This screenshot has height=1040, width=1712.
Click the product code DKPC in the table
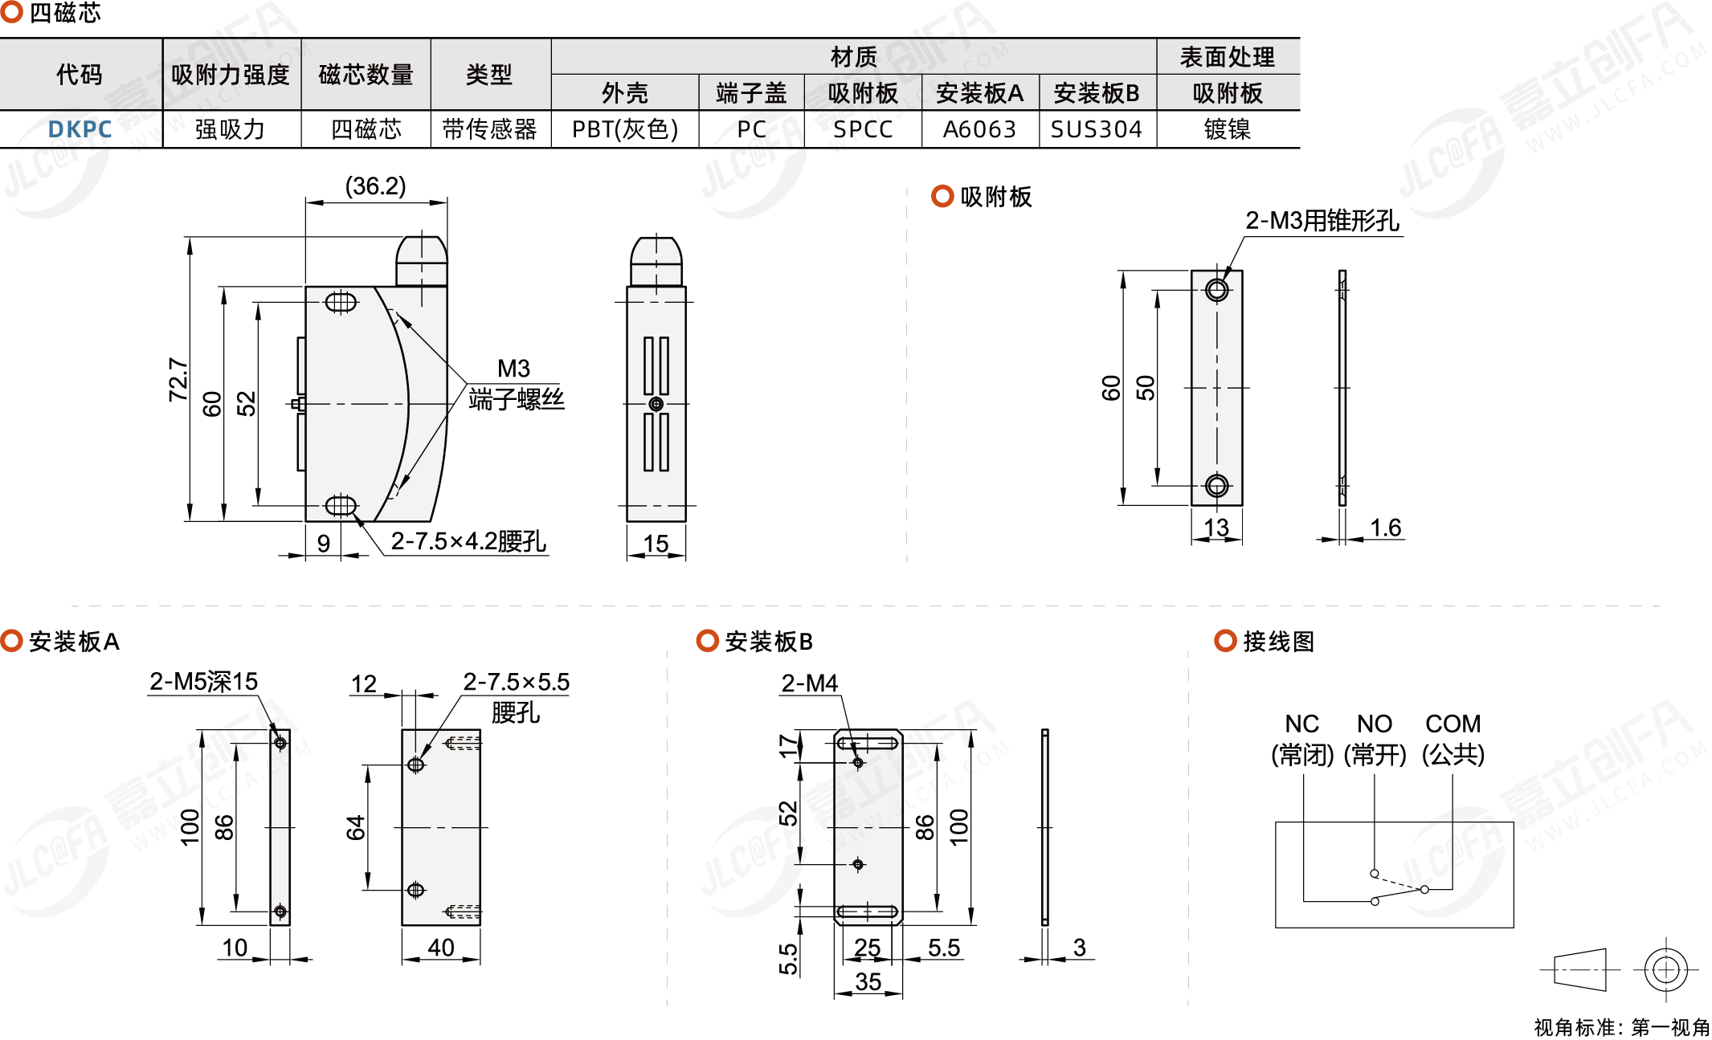click(80, 129)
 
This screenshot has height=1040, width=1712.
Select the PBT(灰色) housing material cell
click(624, 129)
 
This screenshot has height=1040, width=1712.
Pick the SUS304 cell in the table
click(1096, 129)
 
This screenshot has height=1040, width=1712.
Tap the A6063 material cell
click(979, 129)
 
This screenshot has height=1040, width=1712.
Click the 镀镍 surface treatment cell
click(1227, 129)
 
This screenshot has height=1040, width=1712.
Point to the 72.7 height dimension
click(178, 379)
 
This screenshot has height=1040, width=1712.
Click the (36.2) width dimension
click(375, 186)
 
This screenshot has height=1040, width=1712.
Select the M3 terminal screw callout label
click(514, 369)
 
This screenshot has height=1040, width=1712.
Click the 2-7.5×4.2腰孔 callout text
click(468, 541)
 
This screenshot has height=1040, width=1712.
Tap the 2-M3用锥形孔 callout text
click(1322, 221)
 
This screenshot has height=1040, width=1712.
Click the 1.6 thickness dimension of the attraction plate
click(1385, 528)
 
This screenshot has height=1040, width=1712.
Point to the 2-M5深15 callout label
click(203, 682)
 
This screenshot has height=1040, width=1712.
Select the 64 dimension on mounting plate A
click(355, 827)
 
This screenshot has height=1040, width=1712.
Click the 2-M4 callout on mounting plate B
click(809, 683)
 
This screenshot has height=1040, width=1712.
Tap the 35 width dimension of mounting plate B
click(868, 981)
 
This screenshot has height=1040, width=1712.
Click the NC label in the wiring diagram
click(1301, 724)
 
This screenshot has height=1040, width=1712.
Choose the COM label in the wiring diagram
click(1453, 724)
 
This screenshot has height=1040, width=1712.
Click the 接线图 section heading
click(1278, 642)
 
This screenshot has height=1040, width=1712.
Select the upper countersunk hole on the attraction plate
click(1216, 290)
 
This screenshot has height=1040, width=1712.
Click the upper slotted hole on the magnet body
click(341, 303)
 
